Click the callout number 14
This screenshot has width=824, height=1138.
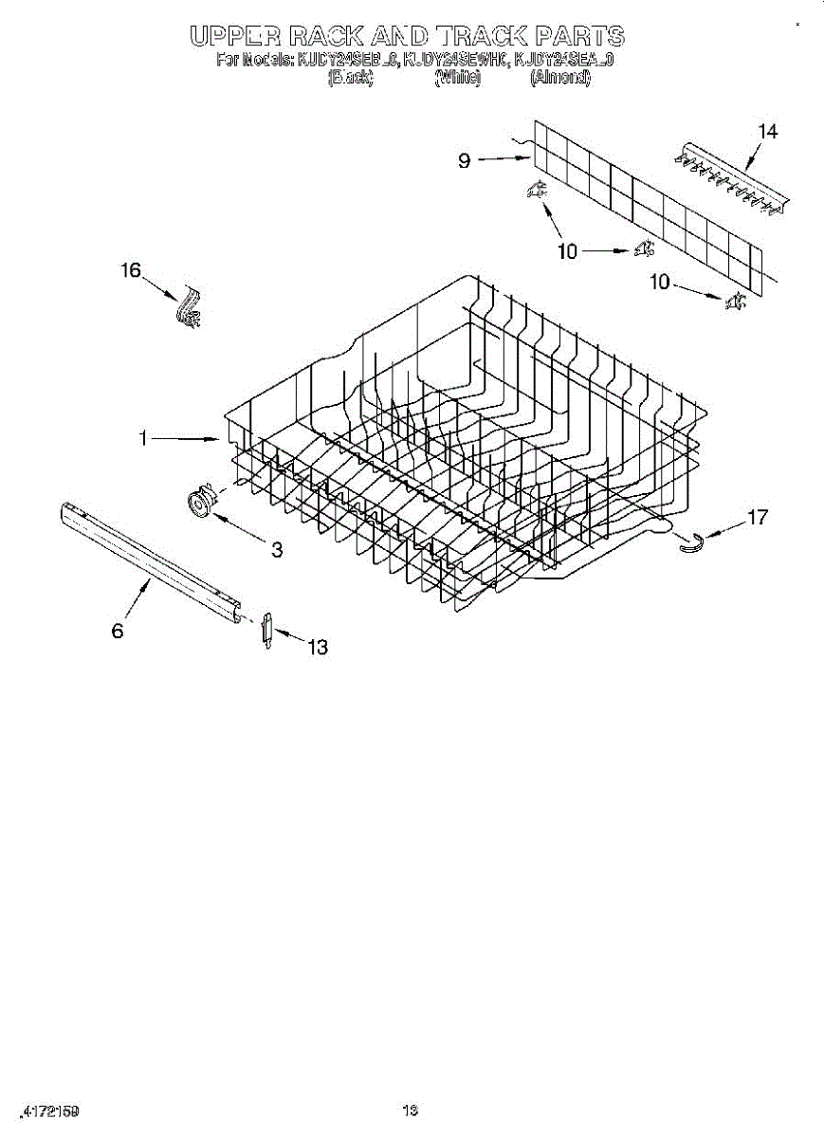[x=768, y=132]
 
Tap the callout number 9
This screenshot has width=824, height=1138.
[x=464, y=161]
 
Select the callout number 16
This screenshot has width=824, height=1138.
[x=130, y=271]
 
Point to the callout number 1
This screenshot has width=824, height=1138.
[x=143, y=438]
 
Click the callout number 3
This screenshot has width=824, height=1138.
[x=277, y=549]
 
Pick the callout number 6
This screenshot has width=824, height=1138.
[x=118, y=631]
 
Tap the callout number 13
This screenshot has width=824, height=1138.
[x=317, y=648]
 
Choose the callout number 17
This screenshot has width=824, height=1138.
[x=758, y=518]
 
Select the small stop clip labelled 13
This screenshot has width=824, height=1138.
[x=266, y=630]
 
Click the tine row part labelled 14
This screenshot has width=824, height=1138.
[x=730, y=177]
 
